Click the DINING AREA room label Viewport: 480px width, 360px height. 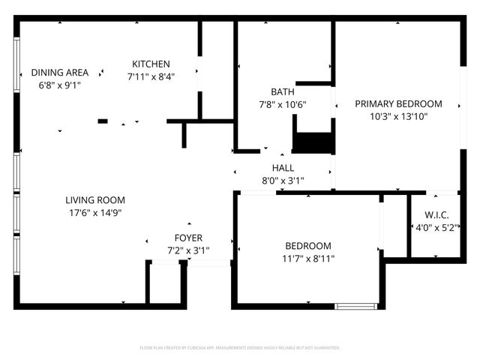(x=59, y=73)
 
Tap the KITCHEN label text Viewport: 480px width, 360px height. (x=151, y=64)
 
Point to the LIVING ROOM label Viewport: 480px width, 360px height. (x=94, y=200)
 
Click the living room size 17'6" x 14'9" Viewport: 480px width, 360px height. (x=94, y=212)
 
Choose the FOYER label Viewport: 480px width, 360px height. (x=188, y=238)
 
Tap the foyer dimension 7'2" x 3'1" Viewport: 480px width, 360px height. (x=188, y=250)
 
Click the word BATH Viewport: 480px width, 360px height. (x=283, y=92)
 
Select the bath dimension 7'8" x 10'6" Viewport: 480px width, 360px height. (x=283, y=104)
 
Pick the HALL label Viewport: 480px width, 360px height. (x=283, y=168)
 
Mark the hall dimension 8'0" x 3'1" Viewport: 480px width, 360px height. (x=283, y=180)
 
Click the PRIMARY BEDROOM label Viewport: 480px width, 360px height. (x=398, y=104)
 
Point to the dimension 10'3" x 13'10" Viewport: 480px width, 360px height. (x=398, y=116)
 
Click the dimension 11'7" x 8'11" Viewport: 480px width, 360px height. (x=308, y=259)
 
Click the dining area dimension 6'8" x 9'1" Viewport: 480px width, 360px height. (x=59, y=85)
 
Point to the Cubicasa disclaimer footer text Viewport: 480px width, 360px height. (x=240, y=348)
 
